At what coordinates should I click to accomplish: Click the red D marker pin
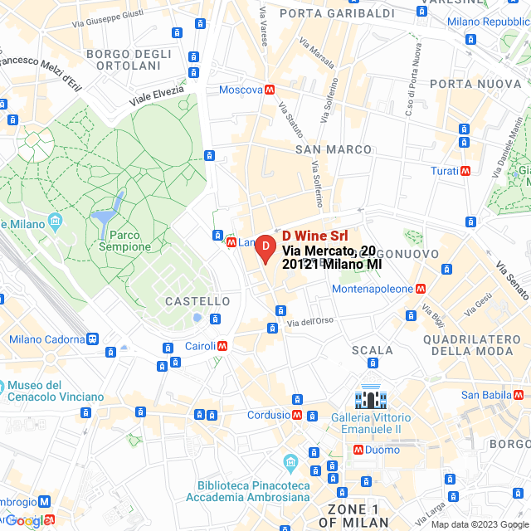click(264, 248)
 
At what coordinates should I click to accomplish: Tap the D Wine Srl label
click(315, 236)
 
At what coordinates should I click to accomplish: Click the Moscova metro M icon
click(270, 90)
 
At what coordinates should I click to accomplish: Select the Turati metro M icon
click(465, 171)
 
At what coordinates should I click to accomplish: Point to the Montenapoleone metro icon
click(421, 289)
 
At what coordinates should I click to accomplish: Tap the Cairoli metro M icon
click(222, 346)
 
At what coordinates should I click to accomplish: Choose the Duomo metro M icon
click(358, 450)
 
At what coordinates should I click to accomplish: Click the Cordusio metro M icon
click(297, 415)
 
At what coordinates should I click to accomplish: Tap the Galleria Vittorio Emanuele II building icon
click(367, 399)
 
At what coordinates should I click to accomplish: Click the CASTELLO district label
click(197, 301)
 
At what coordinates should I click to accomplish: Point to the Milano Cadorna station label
click(47, 339)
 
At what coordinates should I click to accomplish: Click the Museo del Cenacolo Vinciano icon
click(4, 386)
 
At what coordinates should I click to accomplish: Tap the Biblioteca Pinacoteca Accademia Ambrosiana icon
click(290, 461)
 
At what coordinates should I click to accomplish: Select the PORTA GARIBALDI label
click(325, 13)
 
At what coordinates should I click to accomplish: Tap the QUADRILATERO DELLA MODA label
click(471, 345)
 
